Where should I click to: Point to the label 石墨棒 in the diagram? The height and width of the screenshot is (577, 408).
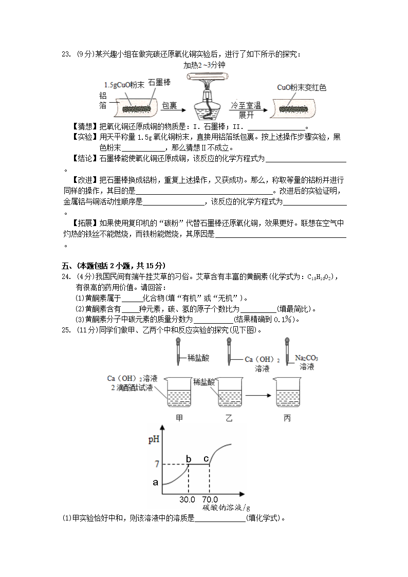click(x=159, y=82)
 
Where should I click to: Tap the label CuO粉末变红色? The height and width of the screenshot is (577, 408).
click(x=302, y=87)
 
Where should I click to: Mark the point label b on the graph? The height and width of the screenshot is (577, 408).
click(x=188, y=459)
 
